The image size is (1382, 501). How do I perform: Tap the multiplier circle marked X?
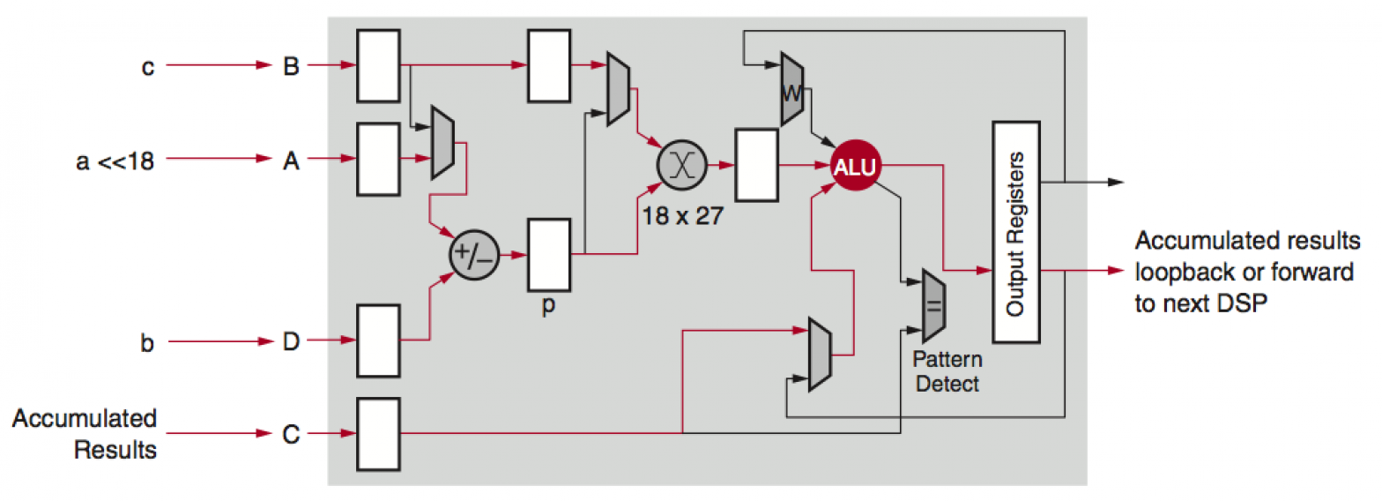(680, 165)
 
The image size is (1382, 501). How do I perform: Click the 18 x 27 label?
(681, 214)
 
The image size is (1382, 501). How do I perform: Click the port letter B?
(291, 66)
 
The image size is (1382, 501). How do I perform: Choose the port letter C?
(291, 435)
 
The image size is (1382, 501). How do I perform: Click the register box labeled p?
(549, 255)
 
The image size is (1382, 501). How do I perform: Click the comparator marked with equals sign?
(932, 305)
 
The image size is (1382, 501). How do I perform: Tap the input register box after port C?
(378, 434)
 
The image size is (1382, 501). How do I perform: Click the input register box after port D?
(378, 340)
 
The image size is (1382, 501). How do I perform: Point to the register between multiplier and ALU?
(756, 164)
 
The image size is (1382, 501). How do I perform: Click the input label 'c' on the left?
(148, 67)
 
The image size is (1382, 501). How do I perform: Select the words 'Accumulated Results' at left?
(84, 434)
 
